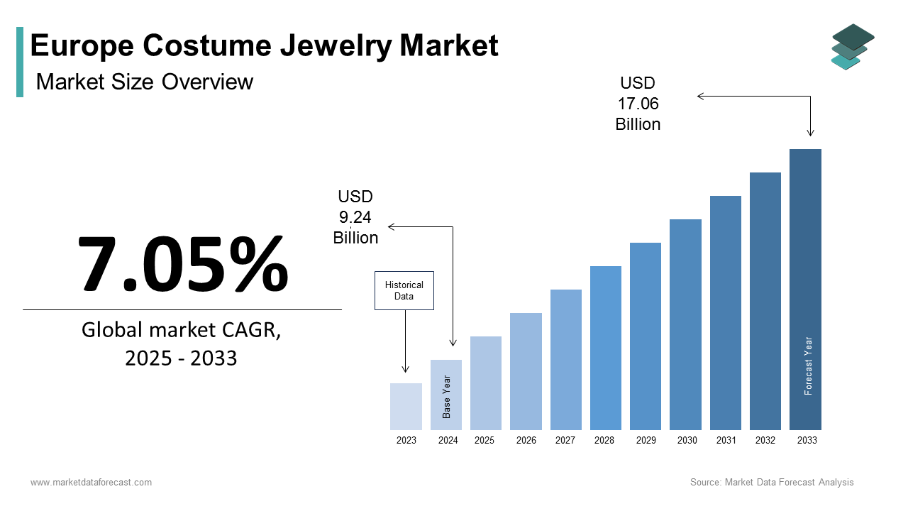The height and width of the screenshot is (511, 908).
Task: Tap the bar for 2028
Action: (605, 348)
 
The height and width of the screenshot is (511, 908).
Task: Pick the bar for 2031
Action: (725, 312)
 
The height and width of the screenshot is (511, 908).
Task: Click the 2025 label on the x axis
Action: (485, 441)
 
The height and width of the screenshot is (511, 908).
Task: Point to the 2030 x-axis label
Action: (687, 441)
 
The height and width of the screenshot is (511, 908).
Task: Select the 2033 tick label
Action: (807, 441)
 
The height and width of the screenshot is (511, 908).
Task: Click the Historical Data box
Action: (404, 290)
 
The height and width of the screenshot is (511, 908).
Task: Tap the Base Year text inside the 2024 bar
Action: (447, 397)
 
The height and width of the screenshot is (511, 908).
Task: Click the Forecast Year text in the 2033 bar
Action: (808, 366)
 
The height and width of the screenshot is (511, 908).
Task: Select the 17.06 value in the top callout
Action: (638, 104)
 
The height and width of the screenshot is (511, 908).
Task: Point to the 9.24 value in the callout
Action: (355, 217)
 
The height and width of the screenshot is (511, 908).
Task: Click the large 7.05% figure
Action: (182, 263)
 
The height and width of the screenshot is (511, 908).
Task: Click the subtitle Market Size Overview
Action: (144, 82)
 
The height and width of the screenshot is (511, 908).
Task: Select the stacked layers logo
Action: (853, 47)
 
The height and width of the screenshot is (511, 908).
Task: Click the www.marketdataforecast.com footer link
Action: (91, 483)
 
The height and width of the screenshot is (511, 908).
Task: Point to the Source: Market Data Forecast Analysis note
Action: (772, 483)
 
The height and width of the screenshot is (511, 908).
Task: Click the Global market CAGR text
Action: (181, 330)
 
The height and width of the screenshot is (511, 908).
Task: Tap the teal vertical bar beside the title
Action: (20, 62)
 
